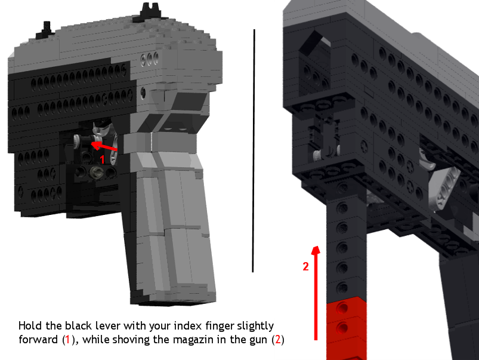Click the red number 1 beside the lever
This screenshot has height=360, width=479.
[103, 159]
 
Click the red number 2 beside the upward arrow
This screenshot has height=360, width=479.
[306, 266]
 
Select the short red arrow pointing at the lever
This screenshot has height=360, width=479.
[104, 146]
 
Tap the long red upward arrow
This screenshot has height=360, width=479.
[316, 293]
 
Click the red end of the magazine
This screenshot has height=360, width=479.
[347, 328]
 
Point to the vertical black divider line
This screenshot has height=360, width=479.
[254, 150]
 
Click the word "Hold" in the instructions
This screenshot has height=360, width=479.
[30, 326]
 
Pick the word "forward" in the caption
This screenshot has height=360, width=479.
[38, 340]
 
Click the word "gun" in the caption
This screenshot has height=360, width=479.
[259, 340]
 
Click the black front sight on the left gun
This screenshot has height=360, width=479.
[150, 12]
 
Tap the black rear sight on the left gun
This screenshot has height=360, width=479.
[46, 30]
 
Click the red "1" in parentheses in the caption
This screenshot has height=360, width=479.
[67, 340]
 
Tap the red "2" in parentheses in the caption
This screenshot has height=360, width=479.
[278, 340]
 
